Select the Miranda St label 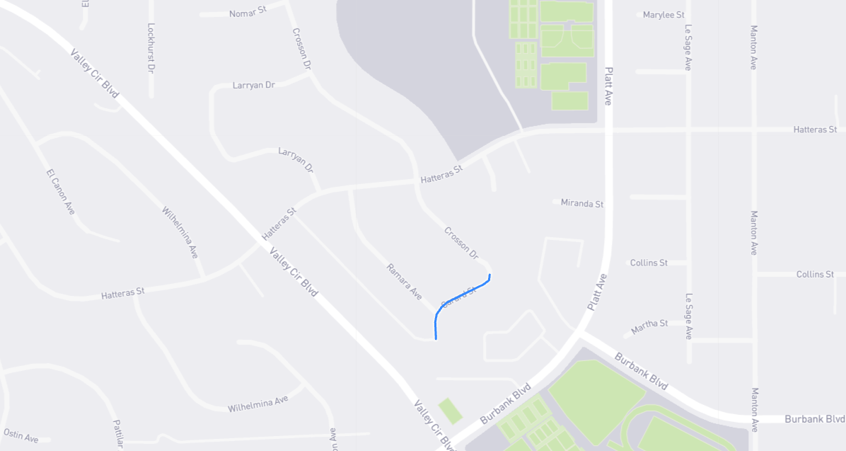pos(582,203)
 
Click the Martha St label pos(649,324)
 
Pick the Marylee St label pos(664,14)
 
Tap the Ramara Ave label pos(405,281)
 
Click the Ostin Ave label pos(21,435)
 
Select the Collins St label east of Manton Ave pos(815,274)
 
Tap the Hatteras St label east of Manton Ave pos(815,130)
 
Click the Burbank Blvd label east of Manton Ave pos(814,418)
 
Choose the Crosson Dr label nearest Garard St pos(461,243)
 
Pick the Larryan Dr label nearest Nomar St pos(253,85)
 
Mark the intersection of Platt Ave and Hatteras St pos(608,130)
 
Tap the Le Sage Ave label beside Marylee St pos(688,47)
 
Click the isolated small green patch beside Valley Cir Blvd pos(450,410)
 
